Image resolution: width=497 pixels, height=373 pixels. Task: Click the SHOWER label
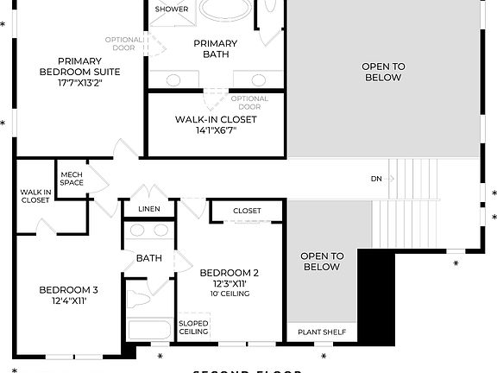(x=171, y=9)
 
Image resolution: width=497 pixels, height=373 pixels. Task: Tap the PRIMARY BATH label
(x=216, y=48)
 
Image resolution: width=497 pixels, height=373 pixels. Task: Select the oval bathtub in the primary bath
(x=227, y=11)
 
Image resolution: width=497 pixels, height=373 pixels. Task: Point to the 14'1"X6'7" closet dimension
(x=205, y=131)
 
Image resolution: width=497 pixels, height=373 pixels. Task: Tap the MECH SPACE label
(x=71, y=179)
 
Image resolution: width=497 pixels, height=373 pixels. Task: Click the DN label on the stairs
(x=376, y=179)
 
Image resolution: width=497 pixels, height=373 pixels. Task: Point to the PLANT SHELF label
(x=321, y=332)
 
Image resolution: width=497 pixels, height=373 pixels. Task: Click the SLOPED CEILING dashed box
(x=193, y=327)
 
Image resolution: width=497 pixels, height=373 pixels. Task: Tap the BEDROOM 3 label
(x=68, y=289)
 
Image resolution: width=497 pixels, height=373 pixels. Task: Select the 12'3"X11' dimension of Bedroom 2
(x=228, y=283)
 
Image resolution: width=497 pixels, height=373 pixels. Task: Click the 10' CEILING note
(x=228, y=294)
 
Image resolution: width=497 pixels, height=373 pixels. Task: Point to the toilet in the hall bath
(x=139, y=298)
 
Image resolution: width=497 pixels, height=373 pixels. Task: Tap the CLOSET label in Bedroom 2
(x=247, y=211)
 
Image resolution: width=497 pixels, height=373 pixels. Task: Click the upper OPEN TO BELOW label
(x=382, y=72)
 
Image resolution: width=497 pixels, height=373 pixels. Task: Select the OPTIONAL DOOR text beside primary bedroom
(x=123, y=44)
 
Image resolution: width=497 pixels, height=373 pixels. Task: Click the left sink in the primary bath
(x=173, y=79)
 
